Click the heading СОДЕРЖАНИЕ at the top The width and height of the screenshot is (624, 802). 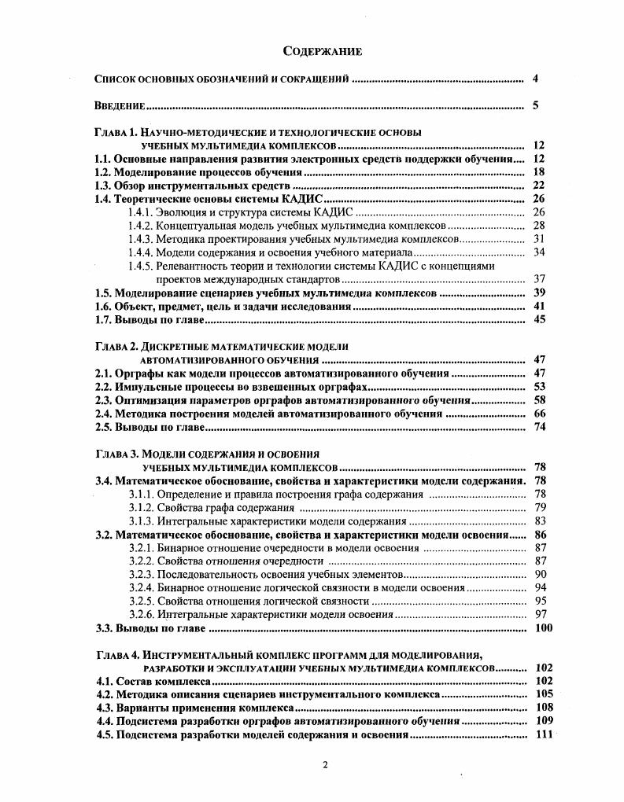point(322,52)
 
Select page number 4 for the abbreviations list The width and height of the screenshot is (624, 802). point(535,79)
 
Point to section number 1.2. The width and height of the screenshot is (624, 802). point(103,172)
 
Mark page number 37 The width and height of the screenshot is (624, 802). point(539,279)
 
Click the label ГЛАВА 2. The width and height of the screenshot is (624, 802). point(116,346)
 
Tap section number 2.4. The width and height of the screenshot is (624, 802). point(103,414)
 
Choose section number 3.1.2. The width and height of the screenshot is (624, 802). point(141,507)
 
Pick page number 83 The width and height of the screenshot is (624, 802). point(539,521)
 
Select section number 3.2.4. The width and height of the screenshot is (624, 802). point(141,587)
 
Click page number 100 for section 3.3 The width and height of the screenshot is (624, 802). point(543,628)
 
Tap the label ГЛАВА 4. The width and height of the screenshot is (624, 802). point(116,655)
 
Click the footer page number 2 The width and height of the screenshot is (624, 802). point(324,765)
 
